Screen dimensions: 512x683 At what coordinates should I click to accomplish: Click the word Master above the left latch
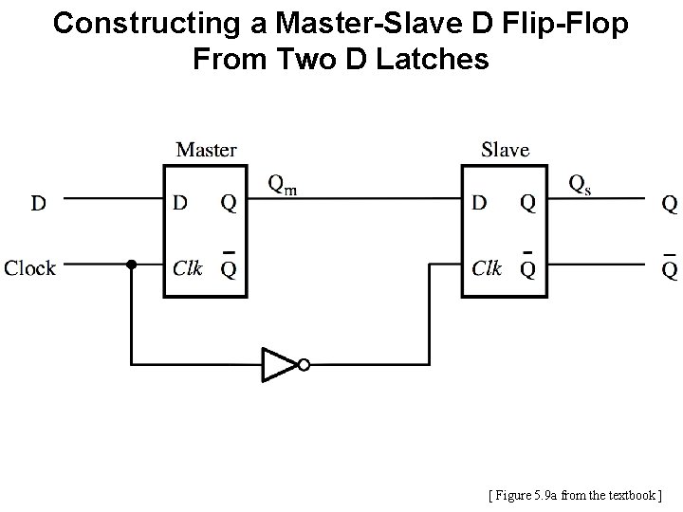pos(207,150)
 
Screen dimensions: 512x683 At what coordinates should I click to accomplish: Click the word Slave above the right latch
pos(506,150)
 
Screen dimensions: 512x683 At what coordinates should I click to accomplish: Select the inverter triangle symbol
pos(277,364)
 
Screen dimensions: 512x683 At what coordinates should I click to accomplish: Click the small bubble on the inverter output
pos(303,364)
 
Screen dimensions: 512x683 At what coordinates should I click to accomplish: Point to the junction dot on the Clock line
pos(132,266)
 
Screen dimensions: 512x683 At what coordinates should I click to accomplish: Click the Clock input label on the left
pos(29,268)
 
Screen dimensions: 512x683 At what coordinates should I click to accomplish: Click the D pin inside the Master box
pos(180,202)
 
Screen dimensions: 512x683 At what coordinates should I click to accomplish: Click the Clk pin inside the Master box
pos(187,268)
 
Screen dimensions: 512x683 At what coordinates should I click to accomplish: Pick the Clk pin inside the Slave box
pos(487,268)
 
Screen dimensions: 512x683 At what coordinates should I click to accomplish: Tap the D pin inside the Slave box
pos(480,202)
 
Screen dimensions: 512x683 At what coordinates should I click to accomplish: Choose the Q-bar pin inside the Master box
pos(229,267)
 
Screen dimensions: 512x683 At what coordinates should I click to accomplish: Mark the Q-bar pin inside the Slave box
pos(527,267)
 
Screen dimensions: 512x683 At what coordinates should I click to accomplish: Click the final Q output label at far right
pos(670,202)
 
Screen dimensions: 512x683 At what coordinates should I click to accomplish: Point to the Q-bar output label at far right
pos(670,267)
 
